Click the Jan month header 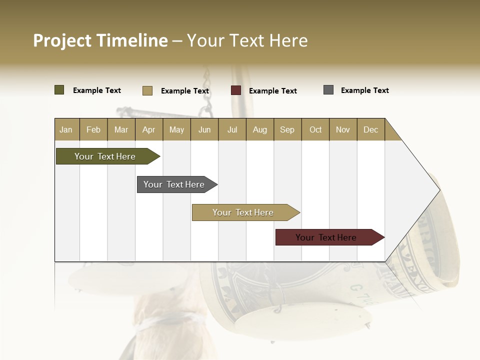[x=66, y=130]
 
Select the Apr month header [x=149, y=130]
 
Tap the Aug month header [x=260, y=130]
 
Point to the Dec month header [x=370, y=130]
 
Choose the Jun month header [x=204, y=130]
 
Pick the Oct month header [x=315, y=130]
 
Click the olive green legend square [x=59, y=90]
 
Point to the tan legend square [x=147, y=90]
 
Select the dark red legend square [x=236, y=90]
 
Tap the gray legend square [x=328, y=90]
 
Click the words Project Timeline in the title [x=100, y=40]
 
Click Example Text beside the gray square [x=364, y=90]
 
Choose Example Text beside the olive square [x=97, y=90]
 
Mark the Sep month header [x=287, y=130]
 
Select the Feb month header [x=93, y=130]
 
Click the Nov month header [x=343, y=130]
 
